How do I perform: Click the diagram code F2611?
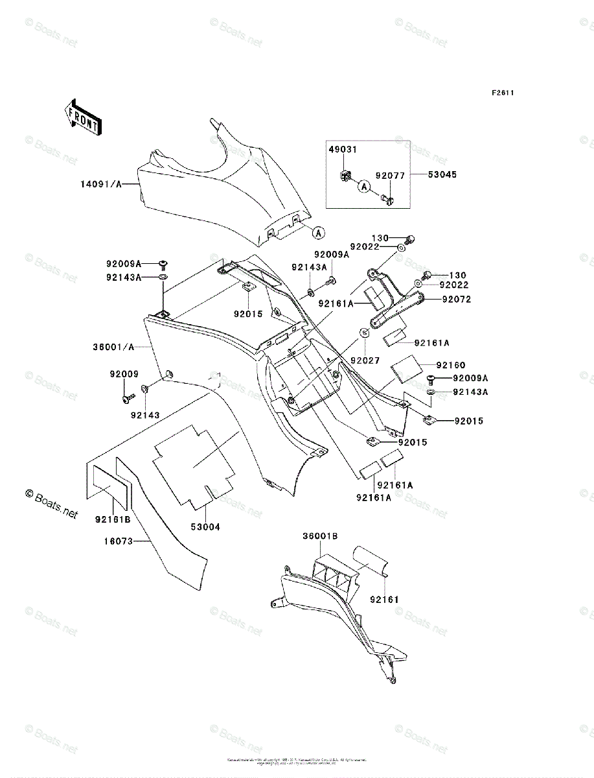502,93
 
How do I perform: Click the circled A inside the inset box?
364,187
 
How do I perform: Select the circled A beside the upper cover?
318,231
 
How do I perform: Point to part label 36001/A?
113,347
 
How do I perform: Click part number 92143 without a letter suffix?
144,414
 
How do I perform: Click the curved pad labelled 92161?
369,558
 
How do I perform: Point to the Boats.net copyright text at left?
51,503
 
